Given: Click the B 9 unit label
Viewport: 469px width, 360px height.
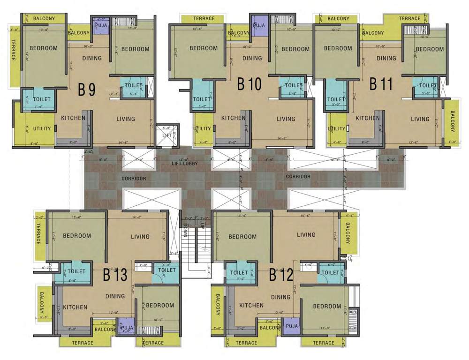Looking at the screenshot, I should click(87, 89).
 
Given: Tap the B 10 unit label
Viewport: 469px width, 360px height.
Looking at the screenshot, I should click(249, 84).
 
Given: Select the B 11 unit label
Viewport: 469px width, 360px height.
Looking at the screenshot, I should click(380, 84).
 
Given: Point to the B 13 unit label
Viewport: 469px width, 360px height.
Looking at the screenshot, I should click(115, 275).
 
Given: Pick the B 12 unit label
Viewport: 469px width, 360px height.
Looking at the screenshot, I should click(280, 275).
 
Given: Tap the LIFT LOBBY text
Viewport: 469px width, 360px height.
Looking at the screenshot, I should click(184, 163).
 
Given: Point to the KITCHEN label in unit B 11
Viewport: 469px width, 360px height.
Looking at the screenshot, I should click(367, 118).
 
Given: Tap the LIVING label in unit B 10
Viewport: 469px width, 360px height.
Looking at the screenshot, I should click(286, 119).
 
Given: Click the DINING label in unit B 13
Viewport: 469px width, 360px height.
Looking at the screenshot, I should click(115, 296).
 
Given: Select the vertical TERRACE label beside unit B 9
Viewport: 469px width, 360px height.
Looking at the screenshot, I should click(14, 50).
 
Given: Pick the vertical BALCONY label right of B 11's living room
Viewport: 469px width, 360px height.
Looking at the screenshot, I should click(453, 121).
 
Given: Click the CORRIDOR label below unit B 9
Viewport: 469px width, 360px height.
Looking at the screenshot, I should click(134, 179).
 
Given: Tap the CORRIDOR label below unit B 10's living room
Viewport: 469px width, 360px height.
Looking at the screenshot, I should click(298, 177).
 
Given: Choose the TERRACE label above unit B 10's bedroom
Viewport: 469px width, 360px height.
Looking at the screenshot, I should click(204, 19).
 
